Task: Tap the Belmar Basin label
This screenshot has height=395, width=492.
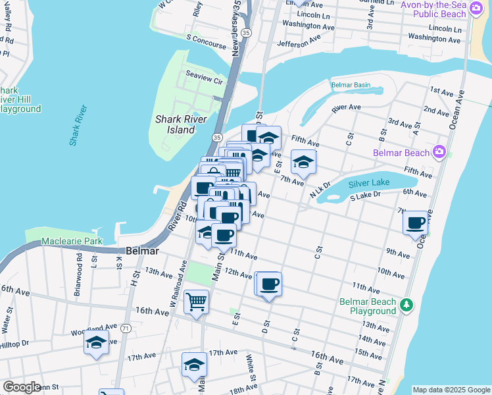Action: (x=351, y=86)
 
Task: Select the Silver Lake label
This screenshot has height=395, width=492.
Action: (x=369, y=183)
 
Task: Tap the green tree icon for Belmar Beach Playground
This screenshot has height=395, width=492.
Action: (x=407, y=305)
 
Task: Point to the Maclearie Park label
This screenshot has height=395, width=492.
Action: (x=72, y=242)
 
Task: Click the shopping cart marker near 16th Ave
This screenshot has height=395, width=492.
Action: (x=196, y=302)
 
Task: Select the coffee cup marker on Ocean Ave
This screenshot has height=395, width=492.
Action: (x=416, y=223)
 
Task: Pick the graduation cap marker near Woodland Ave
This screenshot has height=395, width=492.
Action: (x=96, y=342)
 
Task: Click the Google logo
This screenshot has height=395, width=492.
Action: (x=22, y=387)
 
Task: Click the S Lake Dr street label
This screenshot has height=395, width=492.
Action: (x=365, y=196)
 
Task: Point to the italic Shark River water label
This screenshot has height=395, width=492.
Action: (x=78, y=125)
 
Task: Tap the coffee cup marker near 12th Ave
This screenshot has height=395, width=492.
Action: (x=269, y=284)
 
